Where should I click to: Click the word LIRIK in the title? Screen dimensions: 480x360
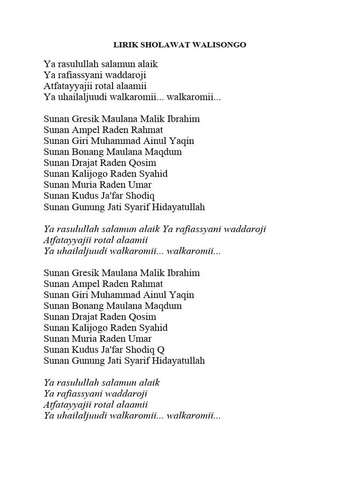(124, 45)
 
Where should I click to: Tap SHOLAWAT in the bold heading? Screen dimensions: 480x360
(160, 45)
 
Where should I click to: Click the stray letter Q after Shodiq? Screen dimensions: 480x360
(160, 350)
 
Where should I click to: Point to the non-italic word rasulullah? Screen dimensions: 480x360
(78, 64)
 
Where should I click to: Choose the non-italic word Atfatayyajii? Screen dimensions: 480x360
(67, 86)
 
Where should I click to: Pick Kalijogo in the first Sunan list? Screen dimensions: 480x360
(88, 174)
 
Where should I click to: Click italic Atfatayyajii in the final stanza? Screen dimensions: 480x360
(67, 405)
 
